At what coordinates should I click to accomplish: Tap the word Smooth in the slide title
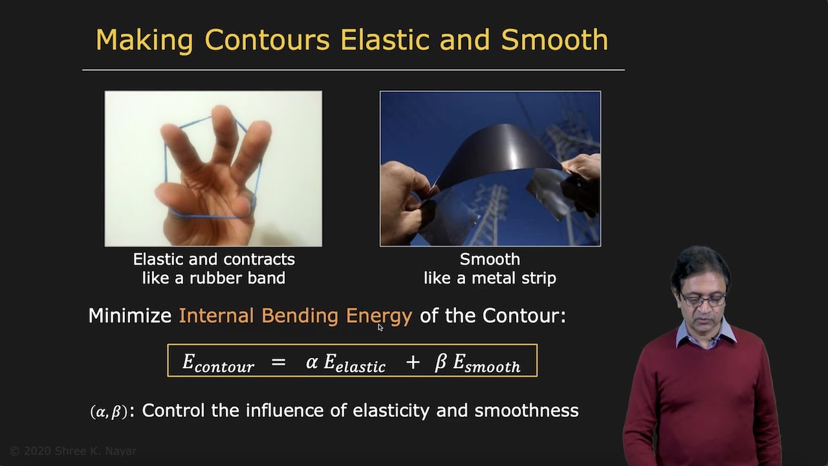point(554,40)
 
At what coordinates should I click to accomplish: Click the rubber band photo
point(213,168)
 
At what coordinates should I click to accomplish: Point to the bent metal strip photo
point(490,168)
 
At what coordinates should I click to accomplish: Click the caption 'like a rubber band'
point(213,278)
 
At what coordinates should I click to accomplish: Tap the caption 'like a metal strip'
point(490,278)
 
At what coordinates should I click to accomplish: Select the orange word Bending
point(300,316)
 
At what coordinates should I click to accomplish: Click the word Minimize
point(129,316)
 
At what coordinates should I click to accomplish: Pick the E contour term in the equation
point(218,362)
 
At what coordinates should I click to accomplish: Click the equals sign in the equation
point(278,362)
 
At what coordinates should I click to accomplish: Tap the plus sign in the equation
point(413,362)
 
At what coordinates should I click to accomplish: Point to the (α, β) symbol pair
point(108,412)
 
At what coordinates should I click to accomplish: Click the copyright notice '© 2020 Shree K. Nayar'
point(73,451)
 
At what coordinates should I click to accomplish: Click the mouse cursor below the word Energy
point(380,327)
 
